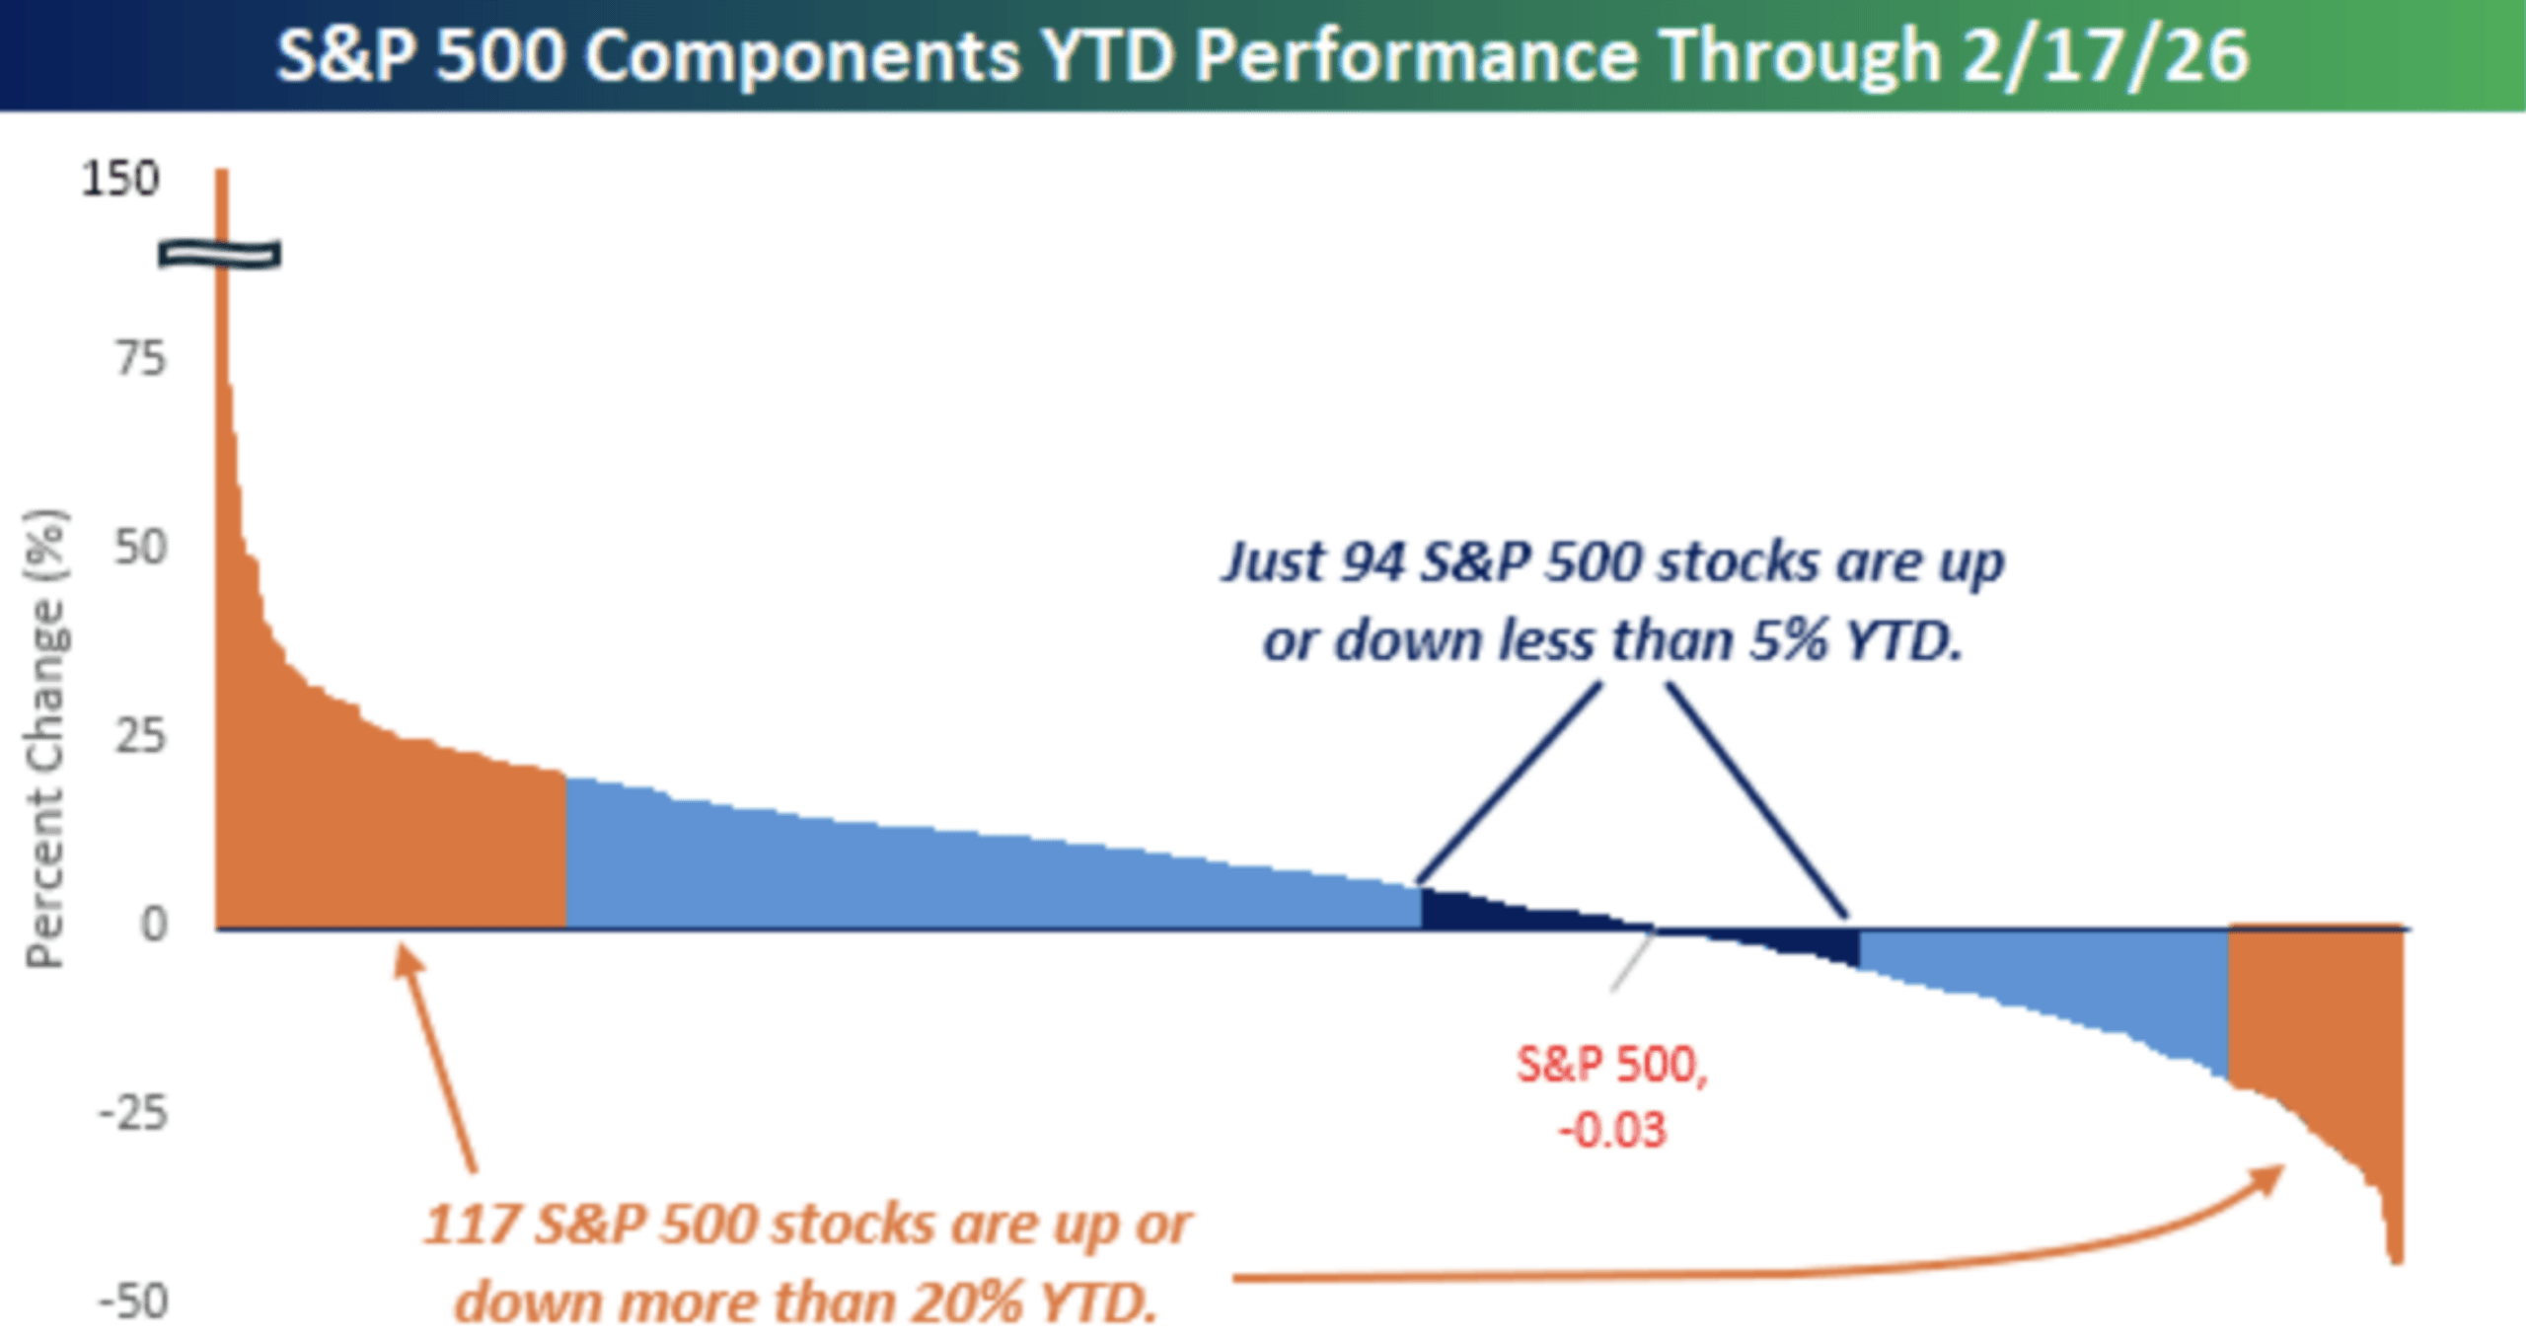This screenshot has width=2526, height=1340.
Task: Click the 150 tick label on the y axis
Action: pos(119,180)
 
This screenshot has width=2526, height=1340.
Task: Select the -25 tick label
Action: pos(132,1113)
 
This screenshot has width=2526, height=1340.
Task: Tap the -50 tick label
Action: pos(132,1302)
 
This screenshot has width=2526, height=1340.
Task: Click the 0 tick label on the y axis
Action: pos(154,925)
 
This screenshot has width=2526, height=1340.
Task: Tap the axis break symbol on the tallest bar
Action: pos(220,255)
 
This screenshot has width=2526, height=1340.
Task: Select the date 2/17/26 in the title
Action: pos(2105,55)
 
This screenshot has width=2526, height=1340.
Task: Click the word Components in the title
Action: pos(802,55)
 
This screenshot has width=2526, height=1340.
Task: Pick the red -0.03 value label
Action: pos(1611,1130)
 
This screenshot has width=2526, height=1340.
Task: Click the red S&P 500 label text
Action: pos(1611,1065)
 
